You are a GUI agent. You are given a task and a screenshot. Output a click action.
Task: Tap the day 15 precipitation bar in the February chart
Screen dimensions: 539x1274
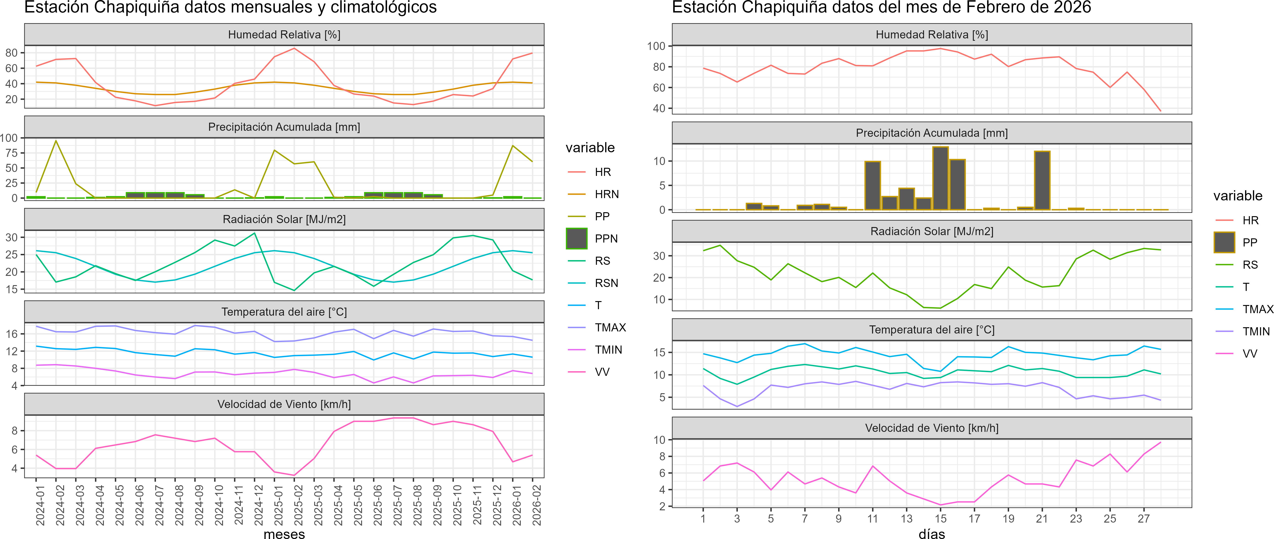[940, 178]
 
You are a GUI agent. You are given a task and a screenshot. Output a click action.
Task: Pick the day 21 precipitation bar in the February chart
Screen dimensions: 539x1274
[1042, 181]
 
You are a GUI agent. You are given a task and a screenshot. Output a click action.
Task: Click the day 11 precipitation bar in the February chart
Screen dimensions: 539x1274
[872, 186]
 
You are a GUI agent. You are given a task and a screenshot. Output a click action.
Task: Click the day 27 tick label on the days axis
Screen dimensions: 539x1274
[1144, 519]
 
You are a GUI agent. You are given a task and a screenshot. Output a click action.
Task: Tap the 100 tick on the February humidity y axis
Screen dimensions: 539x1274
[656, 46]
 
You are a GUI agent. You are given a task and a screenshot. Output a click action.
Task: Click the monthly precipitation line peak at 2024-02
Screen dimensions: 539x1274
[56, 141]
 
